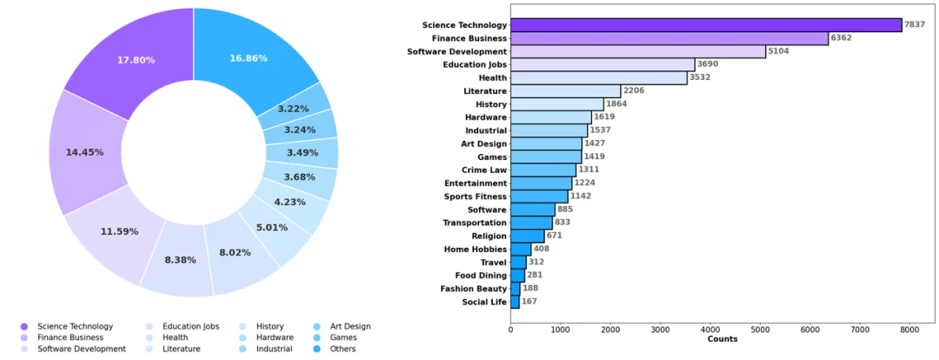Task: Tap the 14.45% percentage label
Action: (x=84, y=152)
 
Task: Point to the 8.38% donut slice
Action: (x=180, y=260)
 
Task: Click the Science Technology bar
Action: (x=705, y=25)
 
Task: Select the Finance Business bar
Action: (x=669, y=38)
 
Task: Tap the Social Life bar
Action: (x=514, y=302)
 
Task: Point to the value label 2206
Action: (x=634, y=90)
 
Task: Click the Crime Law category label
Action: (x=485, y=170)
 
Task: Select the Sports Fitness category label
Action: (x=475, y=197)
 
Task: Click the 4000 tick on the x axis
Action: (x=709, y=330)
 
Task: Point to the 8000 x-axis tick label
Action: (x=909, y=330)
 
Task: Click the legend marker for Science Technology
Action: (x=23, y=327)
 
